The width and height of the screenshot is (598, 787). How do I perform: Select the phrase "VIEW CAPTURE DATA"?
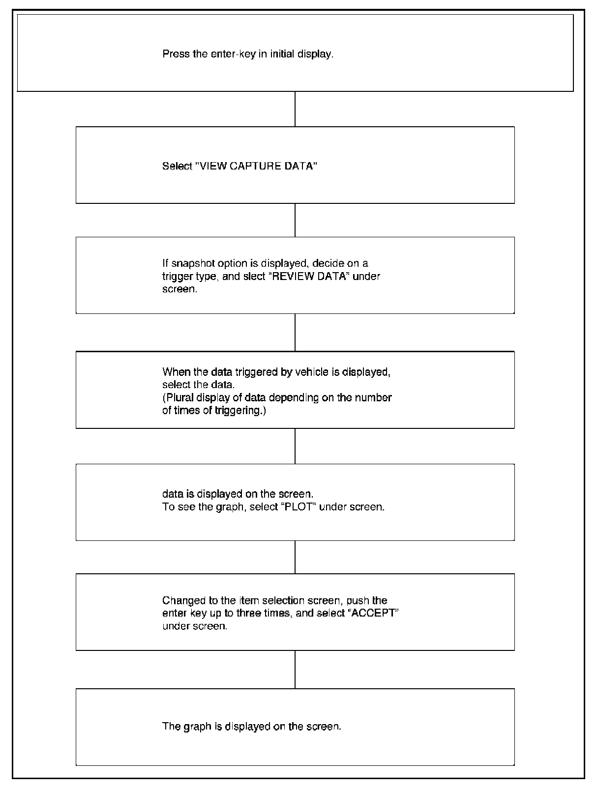(x=256, y=166)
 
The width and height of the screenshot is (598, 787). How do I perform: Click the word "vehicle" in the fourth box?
(x=311, y=372)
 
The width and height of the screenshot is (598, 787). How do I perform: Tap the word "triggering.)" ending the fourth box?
(x=241, y=410)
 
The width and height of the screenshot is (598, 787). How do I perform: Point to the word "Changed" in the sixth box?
(x=181, y=600)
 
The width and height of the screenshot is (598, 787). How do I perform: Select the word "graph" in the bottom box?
(x=197, y=726)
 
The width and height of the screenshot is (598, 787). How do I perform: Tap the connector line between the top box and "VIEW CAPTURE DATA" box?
(x=295, y=109)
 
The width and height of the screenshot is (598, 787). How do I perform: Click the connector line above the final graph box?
(x=295, y=669)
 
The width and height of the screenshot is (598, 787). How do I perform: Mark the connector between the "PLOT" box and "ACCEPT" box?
(x=295, y=557)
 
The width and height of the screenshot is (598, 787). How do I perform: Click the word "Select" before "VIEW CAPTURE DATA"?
(x=177, y=166)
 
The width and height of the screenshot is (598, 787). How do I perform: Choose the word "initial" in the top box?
(x=282, y=54)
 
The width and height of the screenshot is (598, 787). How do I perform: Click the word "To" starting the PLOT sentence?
(x=168, y=506)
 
